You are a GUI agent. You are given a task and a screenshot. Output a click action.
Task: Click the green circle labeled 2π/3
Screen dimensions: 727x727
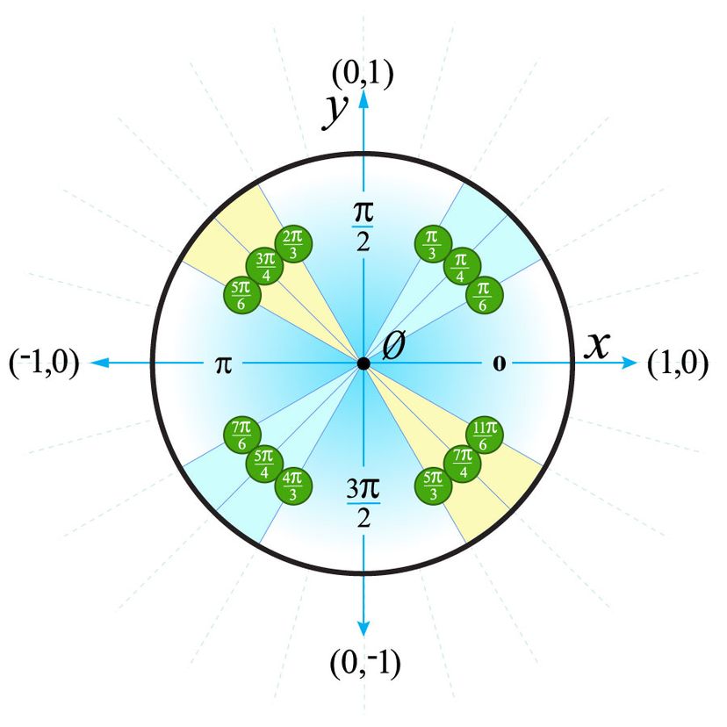(x=293, y=244)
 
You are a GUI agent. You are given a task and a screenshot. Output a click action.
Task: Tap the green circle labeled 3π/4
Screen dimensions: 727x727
(x=264, y=266)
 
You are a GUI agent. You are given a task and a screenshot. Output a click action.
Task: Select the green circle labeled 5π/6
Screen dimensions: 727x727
(x=242, y=295)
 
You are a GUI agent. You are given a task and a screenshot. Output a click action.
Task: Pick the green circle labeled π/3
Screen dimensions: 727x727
(x=433, y=244)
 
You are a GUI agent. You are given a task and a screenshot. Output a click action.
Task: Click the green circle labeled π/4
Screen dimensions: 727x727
(x=462, y=266)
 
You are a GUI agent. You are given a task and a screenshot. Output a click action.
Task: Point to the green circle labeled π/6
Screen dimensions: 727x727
(x=485, y=295)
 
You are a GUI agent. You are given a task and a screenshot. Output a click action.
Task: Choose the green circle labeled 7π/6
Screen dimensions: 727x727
(x=242, y=435)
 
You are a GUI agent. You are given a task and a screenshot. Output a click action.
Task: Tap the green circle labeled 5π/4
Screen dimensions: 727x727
(x=264, y=464)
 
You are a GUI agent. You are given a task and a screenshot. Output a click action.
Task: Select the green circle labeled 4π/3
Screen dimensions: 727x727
(x=293, y=486)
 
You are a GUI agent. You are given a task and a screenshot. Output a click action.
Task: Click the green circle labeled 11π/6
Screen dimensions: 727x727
(x=485, y=435)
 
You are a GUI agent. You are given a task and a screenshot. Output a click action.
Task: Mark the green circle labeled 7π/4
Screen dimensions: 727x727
(x=462, y=464)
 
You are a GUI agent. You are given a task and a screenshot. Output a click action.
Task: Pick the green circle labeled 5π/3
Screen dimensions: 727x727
(x=433, y=486)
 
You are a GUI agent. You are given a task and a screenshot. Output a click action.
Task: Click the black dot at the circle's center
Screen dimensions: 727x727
(x=363, y=364)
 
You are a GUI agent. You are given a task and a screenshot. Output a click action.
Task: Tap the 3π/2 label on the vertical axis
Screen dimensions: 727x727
(x=363, y=503)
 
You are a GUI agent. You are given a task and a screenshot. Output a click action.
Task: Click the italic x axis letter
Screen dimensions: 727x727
(x=597, y=347)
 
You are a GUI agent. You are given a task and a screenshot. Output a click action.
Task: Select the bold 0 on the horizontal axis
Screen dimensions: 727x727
(x=499, y=364)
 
